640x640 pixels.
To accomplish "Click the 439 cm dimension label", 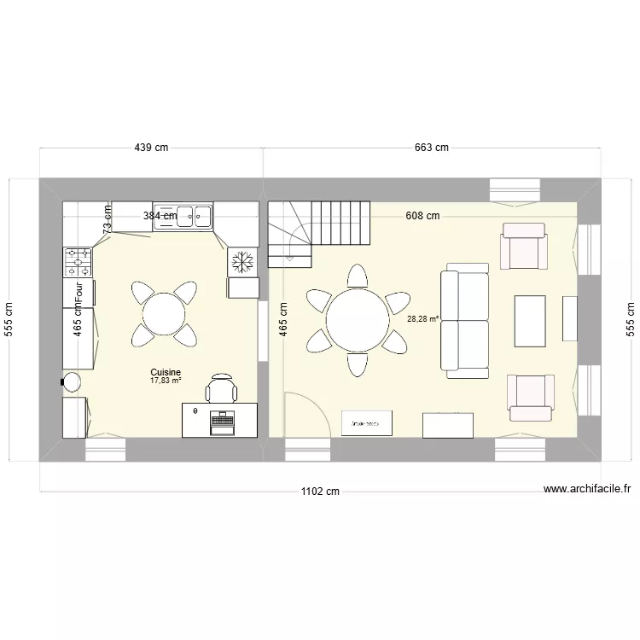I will [x=151, y=148].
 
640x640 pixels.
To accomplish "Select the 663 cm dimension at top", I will [x=431, y=148].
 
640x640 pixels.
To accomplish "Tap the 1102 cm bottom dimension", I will [x=320, y=492].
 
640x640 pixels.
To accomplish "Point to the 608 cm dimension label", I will [x=422, y=216].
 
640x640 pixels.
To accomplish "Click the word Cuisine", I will [x=166, y=373].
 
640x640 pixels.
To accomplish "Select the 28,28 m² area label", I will [x=422, y=319].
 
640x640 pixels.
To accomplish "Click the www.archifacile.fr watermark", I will [x=586, y=490].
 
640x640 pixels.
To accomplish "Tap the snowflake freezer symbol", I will [x=242, y=262].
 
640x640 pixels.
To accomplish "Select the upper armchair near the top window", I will [x=524, y=246].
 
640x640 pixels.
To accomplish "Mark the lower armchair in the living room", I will [x=529, y=398].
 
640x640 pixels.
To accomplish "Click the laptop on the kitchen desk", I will [x=222, y=422].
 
